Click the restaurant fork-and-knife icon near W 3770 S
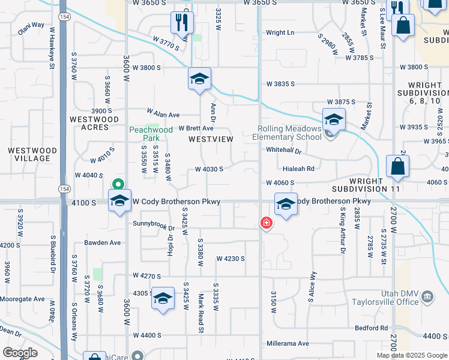point(182,23)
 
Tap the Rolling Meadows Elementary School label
point(290,133)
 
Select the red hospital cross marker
point(265,223)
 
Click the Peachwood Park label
point(151,133)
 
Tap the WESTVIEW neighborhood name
point(211,139)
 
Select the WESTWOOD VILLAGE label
point(32,154)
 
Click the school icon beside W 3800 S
point(199,79)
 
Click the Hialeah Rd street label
point(299,169)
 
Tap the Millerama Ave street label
point(288,344)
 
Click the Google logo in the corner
point(20,353)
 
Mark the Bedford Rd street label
point(371,328)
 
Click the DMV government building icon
point(427,296)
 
